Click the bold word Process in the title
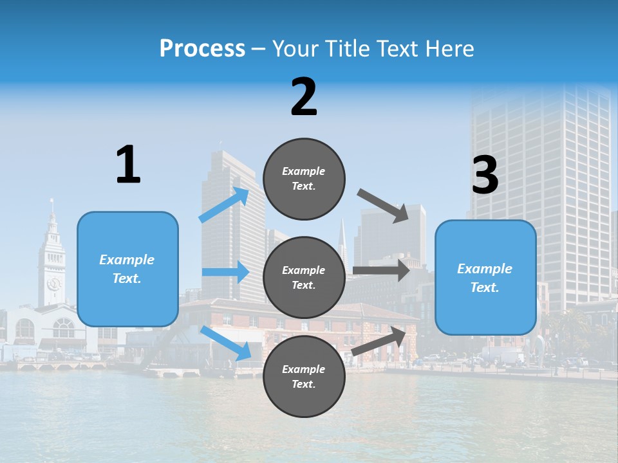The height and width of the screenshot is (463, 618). pyautogui.click(x=202, y=48)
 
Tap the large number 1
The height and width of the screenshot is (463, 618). pyautogui.click(x=128, y=165)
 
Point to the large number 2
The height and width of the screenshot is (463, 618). pyautogui.click(x=304, y=97)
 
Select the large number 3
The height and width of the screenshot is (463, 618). pyautogui.click(x=485, y=176)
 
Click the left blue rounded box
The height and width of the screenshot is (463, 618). pyautogui.click(x=127, y=269)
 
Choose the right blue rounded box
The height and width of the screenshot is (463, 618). pyautogui.click(x=485, y=278)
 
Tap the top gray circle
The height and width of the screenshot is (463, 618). pyautogui.click(x=304, y=179)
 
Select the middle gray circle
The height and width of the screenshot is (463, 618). pyautogui.click(x=304, y=277)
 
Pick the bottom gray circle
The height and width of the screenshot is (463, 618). pyautogui.click(x=304, y=376)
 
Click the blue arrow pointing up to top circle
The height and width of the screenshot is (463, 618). pyautogui.click(x=225, y=205)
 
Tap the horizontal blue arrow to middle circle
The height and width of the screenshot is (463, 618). pyautogui.click(x=225, y=272)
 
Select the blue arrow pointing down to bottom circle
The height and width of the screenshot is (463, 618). pyautogui.click(x=226, y=343)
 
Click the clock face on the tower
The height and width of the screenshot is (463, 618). pyautogui.click(x=53, y=283)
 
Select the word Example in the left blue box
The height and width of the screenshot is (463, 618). pyautogui.click(x=127, y=260)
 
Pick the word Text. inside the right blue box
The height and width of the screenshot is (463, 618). pyautogui.click(x=485, y=287)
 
